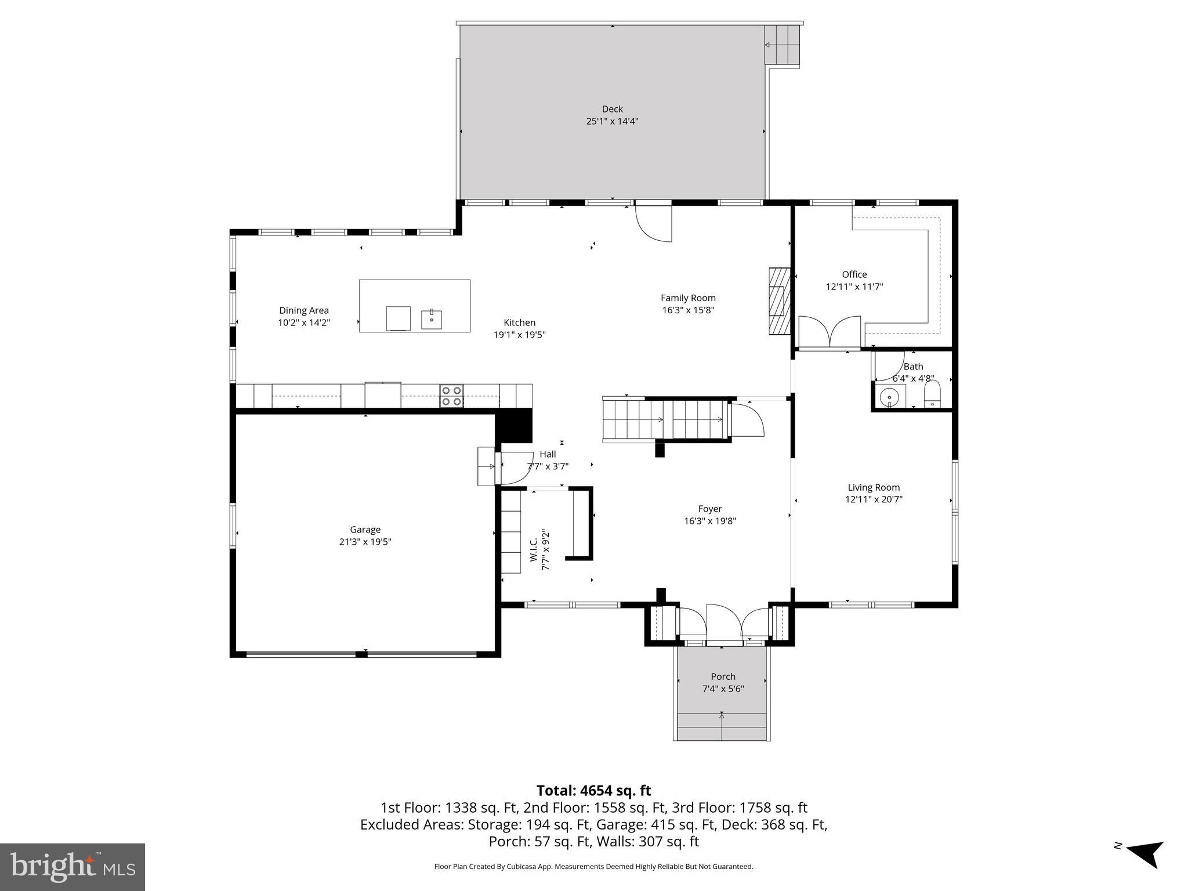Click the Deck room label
(612, 109)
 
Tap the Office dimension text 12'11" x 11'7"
(854, 287)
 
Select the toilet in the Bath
(932, 396)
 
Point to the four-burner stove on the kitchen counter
(451, 396)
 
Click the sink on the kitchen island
(431, 319)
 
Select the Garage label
(365, 530)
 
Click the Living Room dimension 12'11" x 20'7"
(874, 499)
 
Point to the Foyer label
(709, 509)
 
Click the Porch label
(723, 676)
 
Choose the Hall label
(548, 454)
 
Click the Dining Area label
(303, 310)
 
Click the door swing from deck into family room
(654, 223)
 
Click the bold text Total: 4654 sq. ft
(593, 791)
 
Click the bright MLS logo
(73, 867)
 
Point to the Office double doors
(830, 332)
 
